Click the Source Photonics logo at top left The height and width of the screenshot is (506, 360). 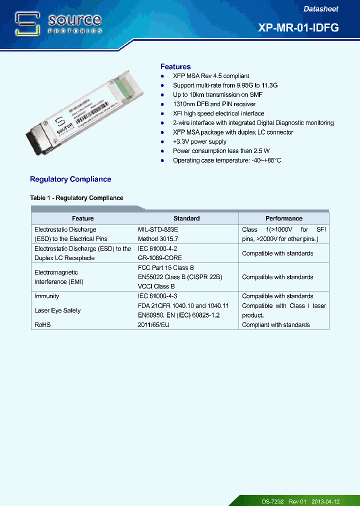tap(58, 23)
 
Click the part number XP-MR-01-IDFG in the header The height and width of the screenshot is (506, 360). tap(298, 28)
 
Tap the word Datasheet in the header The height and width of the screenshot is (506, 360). tap(321, 9)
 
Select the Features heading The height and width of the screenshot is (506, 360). tap(175, 66)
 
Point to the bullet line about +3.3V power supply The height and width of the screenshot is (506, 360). tap(199, 141)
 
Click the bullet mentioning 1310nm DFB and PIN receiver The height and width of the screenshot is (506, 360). tap(214, 104)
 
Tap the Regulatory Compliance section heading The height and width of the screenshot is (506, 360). tap(70, 179)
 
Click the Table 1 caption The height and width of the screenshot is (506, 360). tap(76, 198)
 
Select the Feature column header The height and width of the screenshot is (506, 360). tap(83, 218)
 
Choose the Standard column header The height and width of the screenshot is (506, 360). tap(186, 218)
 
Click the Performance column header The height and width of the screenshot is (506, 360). tap(283, 218)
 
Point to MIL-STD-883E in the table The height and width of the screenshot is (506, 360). tap(158, 229)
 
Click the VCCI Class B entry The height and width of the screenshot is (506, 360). tap(156, 286)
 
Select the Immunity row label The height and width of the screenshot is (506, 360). tap(47, 296)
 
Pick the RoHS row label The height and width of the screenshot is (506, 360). tap(42, 325)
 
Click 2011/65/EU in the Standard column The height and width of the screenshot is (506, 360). tap(154, 325)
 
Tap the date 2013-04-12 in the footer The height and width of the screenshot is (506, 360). tap(325, 501)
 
